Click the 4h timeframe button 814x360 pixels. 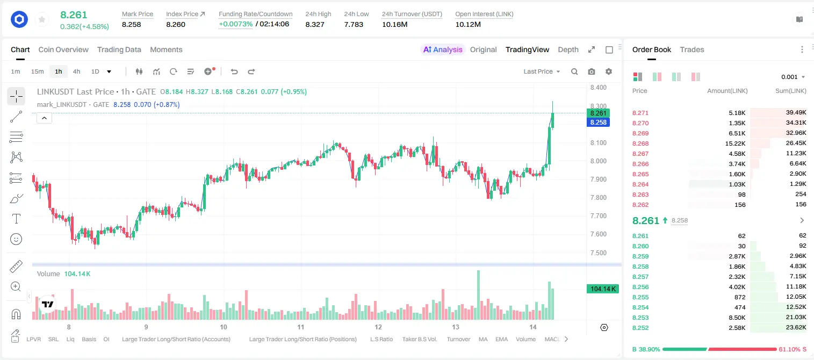pos(76,71)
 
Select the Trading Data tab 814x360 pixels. pos(119,49)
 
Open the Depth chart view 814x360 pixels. pos(568,49)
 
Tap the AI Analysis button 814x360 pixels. pos(443,49)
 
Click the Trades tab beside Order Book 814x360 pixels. pos(692,49)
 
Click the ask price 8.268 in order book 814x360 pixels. pos(640,143)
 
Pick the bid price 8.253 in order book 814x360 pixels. pos(640,318)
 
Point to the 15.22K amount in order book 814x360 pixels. pos(735,143)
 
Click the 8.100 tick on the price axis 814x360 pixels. pos(598,143)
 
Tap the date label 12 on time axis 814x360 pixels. pos(378,327)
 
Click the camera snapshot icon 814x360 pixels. pos(592,71)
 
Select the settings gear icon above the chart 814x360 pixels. pos(609,71)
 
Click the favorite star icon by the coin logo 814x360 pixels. pos(42,19)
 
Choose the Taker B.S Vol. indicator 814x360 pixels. pos(419,339)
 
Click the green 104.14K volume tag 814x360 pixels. pos(602,289)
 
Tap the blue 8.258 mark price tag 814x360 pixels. pos(598,123)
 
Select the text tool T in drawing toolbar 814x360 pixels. pos(16,219)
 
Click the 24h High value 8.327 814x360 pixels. pos(315,24)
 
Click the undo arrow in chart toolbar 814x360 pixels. pos(234,71)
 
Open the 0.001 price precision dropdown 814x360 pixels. pos(793,77)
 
